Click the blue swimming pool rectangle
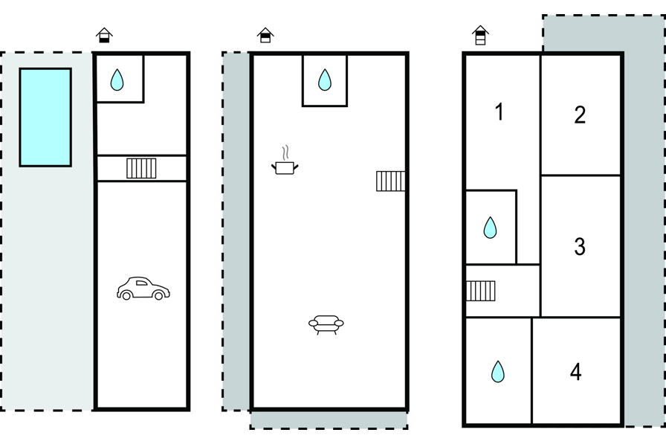point(45,117)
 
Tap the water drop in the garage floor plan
point(117,80)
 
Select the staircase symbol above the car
point(141,168)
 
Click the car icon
point(143,289)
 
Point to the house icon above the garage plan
point(104,35)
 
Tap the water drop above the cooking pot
point(324,80)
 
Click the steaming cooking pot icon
point(285,167)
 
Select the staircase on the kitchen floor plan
point(390,181)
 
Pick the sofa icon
point(326,324)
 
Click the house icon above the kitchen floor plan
point(265,35)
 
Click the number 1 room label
point(499,112)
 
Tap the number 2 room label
point(580,115)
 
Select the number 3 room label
point(580,246)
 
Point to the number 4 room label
point(575,372)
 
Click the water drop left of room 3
point(490,228)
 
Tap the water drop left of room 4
point(498,371)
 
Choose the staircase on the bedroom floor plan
point(481,291)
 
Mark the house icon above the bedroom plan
point(480,35)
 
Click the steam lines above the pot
point(285,153)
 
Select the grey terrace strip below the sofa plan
point(329,420)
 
